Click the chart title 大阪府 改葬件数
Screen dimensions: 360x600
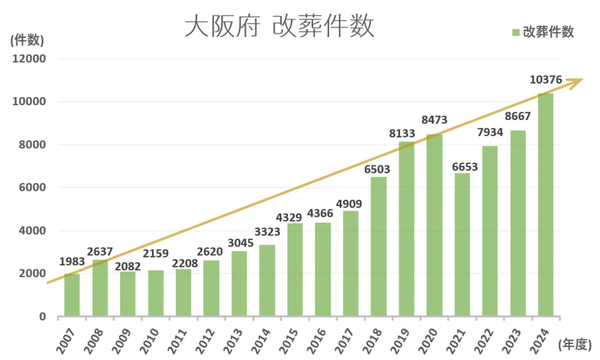point(279,27)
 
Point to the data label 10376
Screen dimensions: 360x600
point(545,80)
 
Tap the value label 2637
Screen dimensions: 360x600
point(99,251)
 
